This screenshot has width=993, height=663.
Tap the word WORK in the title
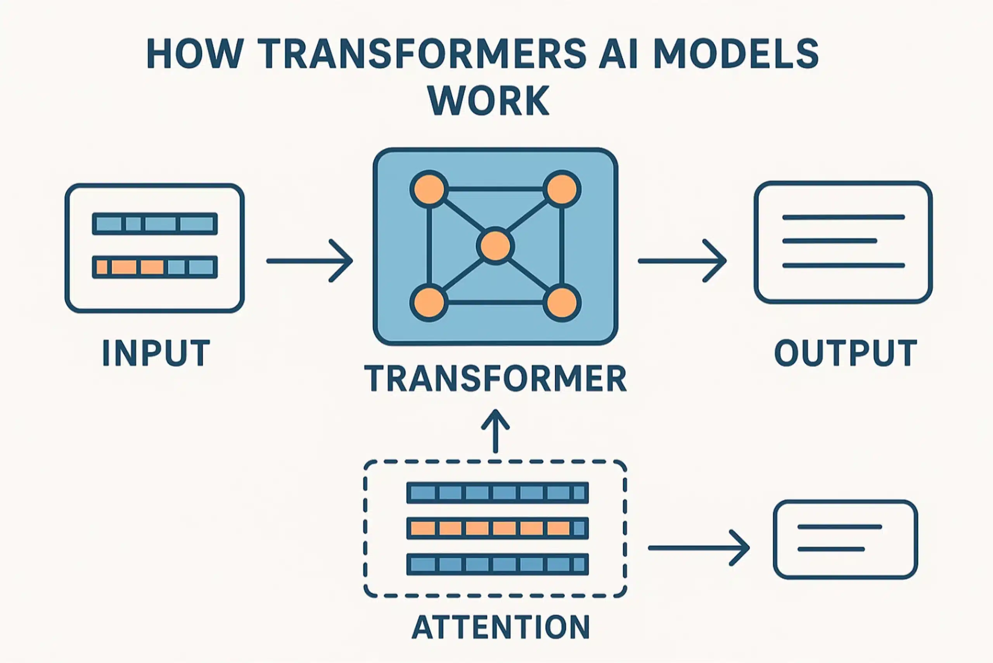coord(489,101)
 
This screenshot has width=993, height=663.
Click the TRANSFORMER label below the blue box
coord(495,379)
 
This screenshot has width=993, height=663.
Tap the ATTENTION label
coord(501,627)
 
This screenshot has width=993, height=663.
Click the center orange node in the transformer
coord(495,246)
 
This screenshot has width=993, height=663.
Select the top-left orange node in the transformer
coord(429,189)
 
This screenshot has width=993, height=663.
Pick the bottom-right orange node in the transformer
coord(562,303)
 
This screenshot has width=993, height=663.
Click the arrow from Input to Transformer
coord(310,261)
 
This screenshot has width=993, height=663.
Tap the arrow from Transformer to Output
coord(682,261)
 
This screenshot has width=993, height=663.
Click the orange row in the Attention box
coord(497,529)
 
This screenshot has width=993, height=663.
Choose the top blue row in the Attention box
coord(497,493)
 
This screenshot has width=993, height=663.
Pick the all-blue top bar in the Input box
coord(155,224)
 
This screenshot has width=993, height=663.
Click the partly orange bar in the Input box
coord(155,267)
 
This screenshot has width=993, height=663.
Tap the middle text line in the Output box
coord(829,241)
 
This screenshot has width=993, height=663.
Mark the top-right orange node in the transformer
coord(562,189)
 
